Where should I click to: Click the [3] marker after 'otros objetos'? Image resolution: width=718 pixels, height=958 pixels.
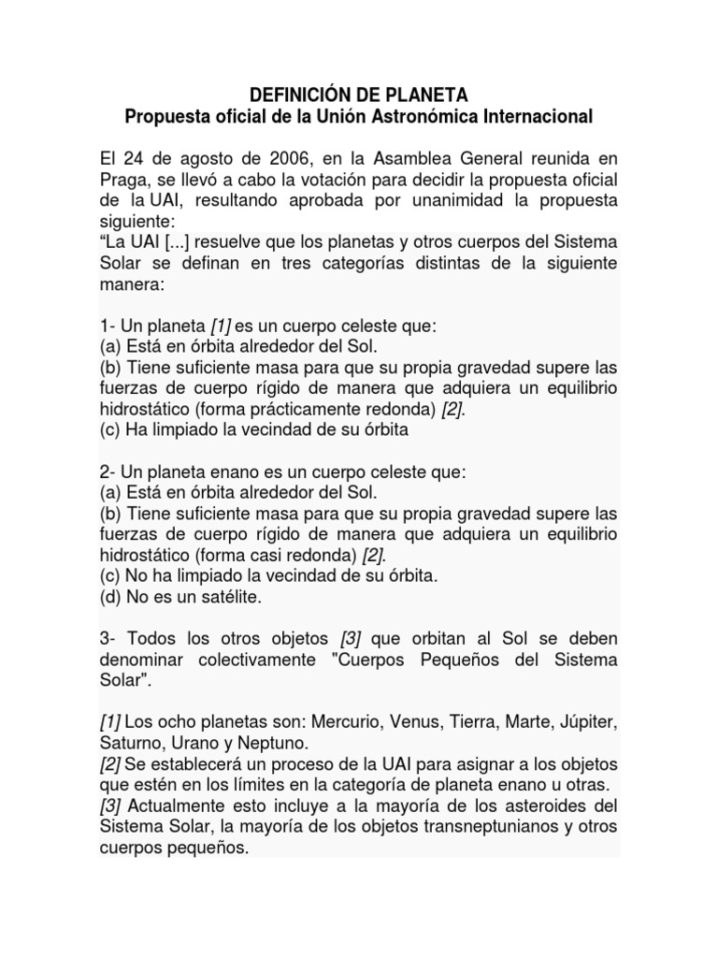pyautogui.click(x=352, y=638)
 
